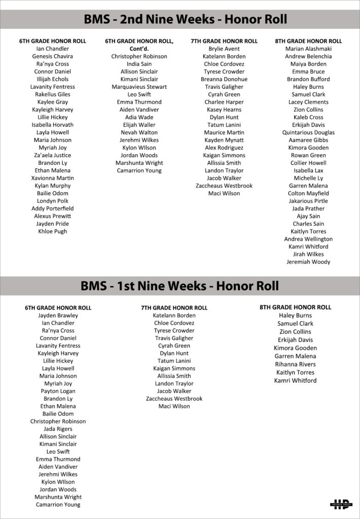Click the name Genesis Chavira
pos(53,56)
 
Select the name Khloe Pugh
pos(53,231)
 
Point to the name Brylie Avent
pos(224,49)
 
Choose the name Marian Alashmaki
pos(308,49)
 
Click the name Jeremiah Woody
pos(308,262)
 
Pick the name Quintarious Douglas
pos(308,132)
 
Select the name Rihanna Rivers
pos(295,364)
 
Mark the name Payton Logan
pos(58,391)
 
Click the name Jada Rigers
pos(58,429)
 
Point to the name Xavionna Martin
pos(53,178)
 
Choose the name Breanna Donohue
pos(224,79)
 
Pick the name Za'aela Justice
pos(53,155)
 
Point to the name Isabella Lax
pos(308,170)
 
